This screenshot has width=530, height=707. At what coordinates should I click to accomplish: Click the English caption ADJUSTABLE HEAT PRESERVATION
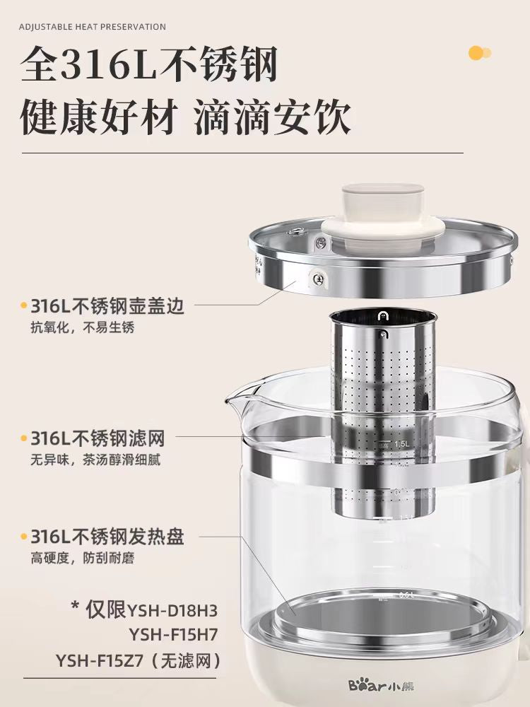coord(93,27)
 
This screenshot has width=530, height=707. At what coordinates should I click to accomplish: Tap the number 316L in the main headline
coord(107,65)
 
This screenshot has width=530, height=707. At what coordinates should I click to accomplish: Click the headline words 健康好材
coord(98,118)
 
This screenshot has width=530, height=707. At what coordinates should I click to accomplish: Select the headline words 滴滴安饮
coord(273,118)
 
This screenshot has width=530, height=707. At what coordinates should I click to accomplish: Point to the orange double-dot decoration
coord(480,53)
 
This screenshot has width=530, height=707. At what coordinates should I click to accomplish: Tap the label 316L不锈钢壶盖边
coord(107,306)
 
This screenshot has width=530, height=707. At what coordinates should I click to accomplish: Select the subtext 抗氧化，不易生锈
coord(83,327)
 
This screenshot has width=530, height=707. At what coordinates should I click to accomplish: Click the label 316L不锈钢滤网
coord(98,438)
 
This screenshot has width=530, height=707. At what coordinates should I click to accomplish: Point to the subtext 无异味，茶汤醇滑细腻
coord(95,460)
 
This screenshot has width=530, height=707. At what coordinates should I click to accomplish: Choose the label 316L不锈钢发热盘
coord(107,537)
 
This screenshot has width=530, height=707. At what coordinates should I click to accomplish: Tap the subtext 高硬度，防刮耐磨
coord(83,559)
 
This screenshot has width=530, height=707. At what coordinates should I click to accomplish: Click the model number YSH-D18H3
coord(173,611)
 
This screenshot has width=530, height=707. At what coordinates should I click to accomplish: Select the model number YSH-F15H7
coord(174,635)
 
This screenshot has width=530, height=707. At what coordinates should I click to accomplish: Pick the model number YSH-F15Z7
coord(99,661)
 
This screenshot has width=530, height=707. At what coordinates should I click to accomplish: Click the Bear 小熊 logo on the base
coord(382,686)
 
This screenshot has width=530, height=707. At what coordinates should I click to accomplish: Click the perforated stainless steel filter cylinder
coord(383,413)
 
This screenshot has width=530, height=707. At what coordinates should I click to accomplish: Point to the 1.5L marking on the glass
coord(402,444)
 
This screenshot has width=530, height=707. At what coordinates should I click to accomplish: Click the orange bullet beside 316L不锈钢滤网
coord(23,438)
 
